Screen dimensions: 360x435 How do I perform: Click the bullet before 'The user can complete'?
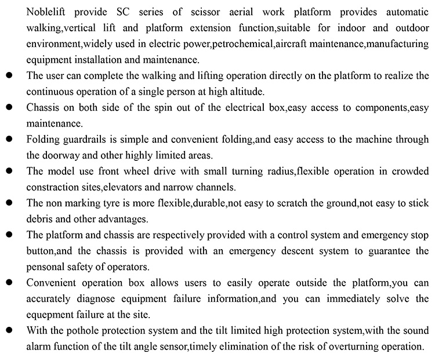pos(9,76)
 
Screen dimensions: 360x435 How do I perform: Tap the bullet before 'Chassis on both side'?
pos(9,108)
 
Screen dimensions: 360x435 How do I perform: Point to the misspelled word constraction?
pos(51,187)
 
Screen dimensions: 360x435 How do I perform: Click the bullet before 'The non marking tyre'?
pos(9,203)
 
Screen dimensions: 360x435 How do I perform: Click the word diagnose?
pos(105,298)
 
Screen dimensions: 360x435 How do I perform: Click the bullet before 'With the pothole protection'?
pos(9,330)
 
